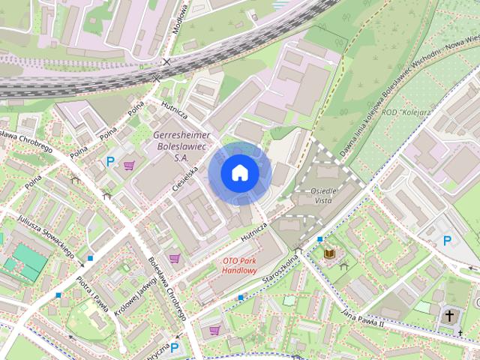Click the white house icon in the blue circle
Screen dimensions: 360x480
[x=239, y=172]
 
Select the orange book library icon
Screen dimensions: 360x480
[x=328, y=254]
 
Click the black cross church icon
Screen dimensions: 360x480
[x=450, y=316]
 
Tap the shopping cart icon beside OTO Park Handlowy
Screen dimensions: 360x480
[x=175, y=258]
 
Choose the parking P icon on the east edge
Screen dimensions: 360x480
[x=448, y=241]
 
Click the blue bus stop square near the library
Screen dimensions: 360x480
[x=319, y=239]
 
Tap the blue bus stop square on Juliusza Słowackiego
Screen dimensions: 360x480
[x=90, y=258]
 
